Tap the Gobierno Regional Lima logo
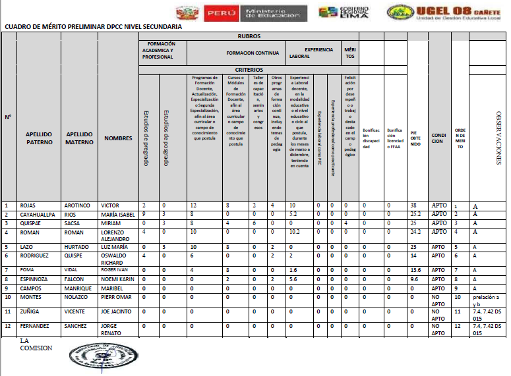pos(344,13)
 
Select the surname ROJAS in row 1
pos(30,205)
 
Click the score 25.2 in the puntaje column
pos(416,214)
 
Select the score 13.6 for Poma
pos(415,269)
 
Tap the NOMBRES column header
pos(119,138)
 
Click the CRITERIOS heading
pos(249,69)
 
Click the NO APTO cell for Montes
pos(438,300)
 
